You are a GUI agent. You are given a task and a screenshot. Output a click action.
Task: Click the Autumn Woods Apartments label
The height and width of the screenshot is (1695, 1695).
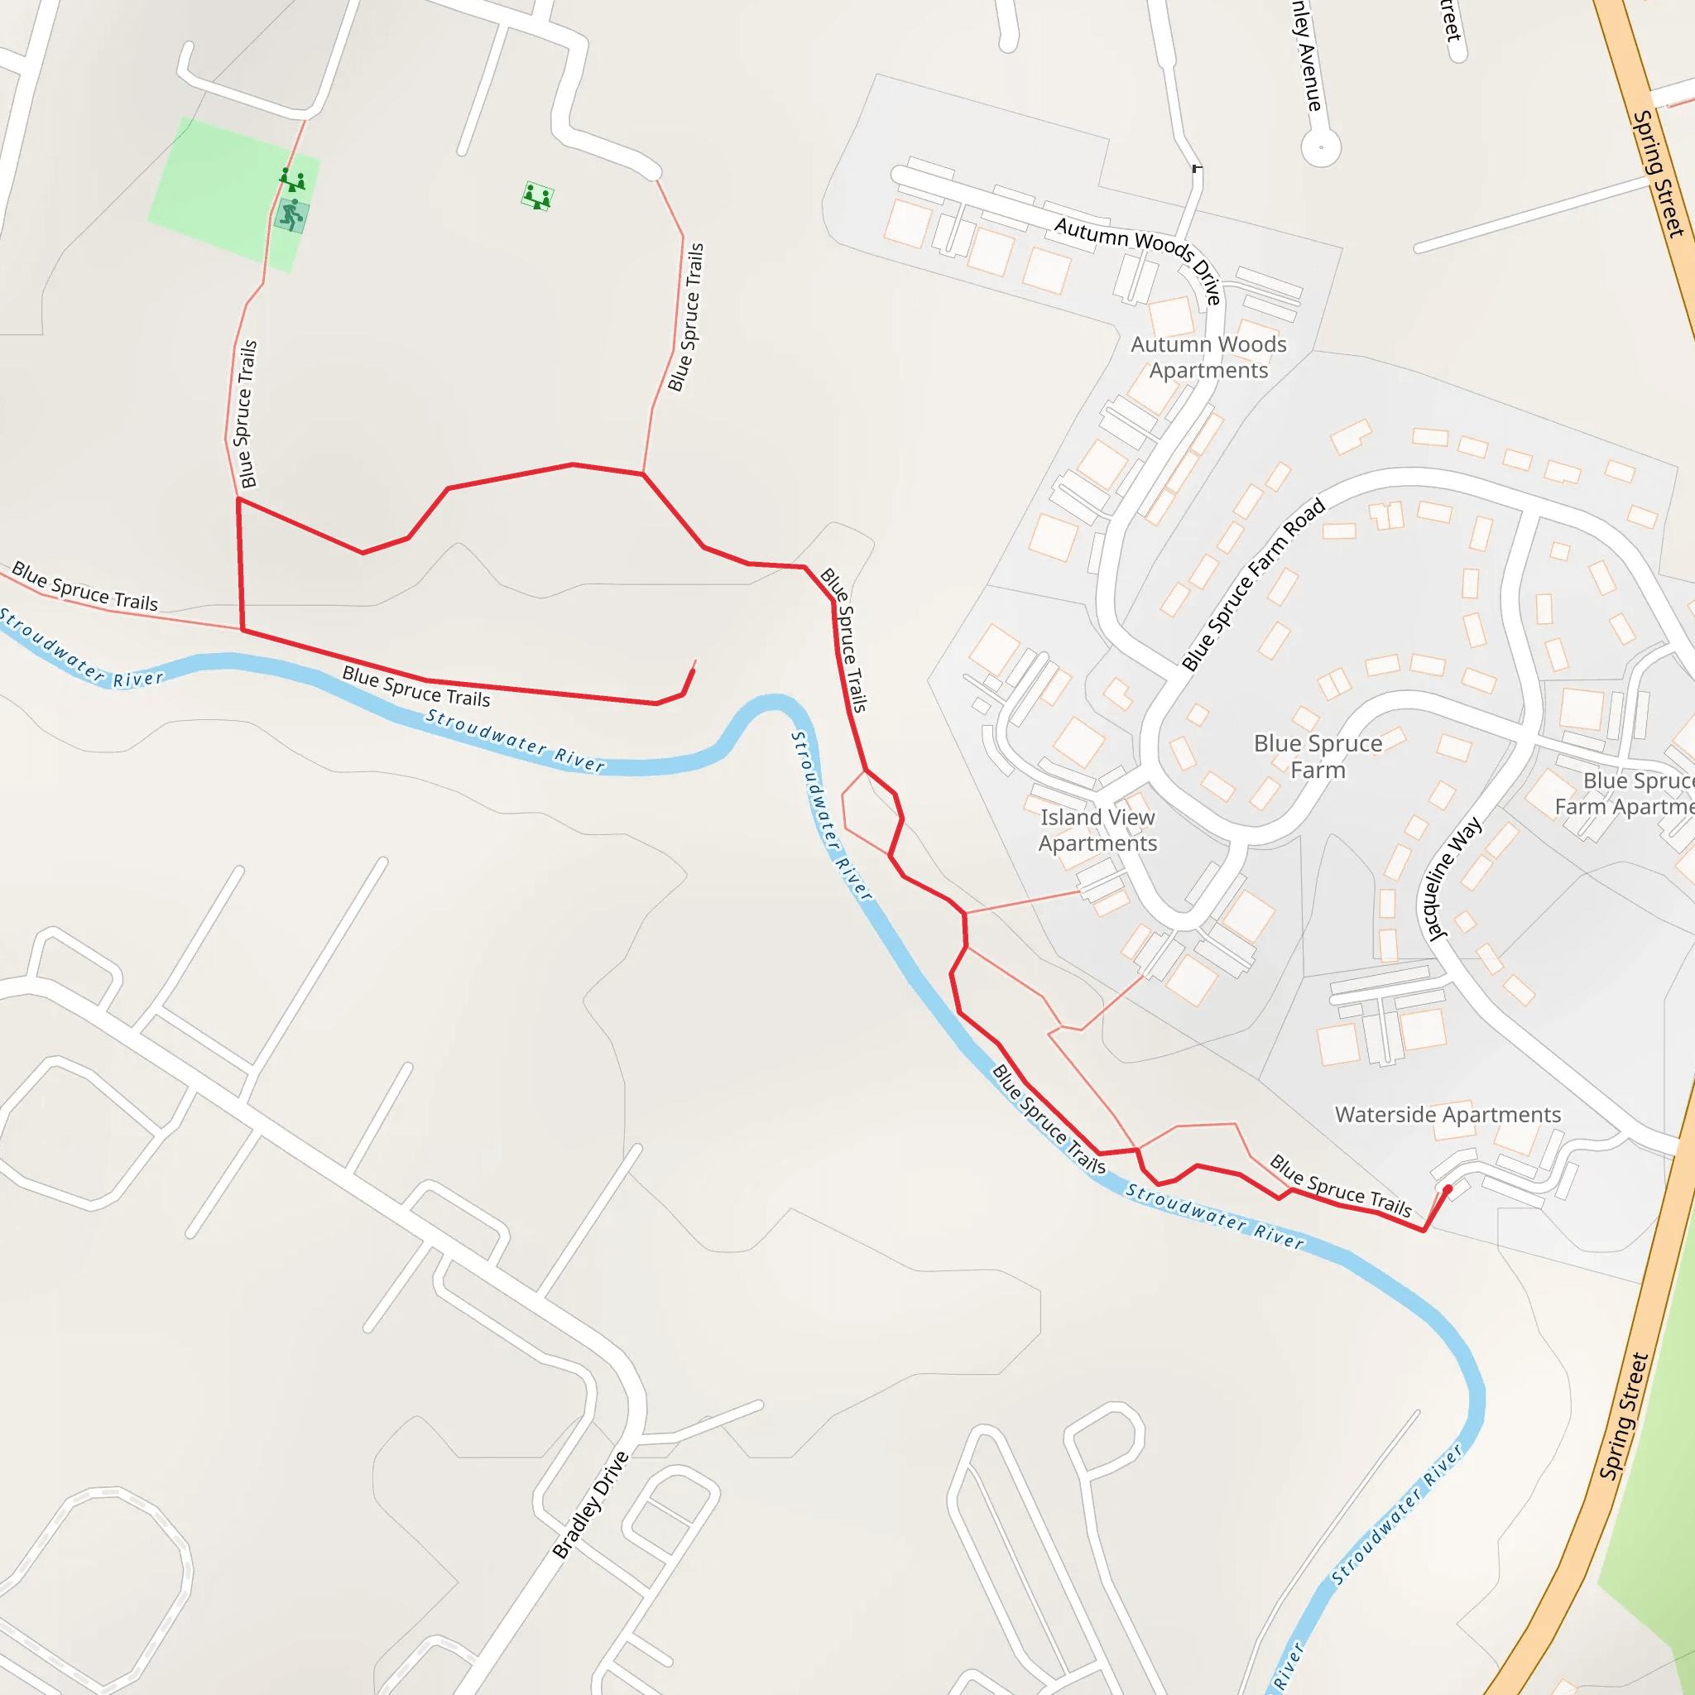tap(1208, 357)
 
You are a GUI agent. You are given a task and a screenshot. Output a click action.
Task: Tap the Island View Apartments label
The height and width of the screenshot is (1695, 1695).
tap(1097, 830)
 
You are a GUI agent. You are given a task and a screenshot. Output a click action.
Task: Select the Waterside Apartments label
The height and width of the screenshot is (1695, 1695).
tap(1448, 1114)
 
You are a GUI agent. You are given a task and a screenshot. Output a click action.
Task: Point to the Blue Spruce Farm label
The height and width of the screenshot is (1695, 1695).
tap(1318, 756)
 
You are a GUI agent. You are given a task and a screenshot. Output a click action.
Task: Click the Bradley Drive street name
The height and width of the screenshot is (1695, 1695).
tap(590, 1505)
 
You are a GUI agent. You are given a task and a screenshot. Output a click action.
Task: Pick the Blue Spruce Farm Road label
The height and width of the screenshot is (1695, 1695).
tap(1253, 585)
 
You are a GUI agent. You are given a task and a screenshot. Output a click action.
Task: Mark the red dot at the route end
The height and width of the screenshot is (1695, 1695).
tap(1448, 1189)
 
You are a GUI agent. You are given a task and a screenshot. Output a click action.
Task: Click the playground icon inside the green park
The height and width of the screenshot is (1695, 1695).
tap(292, 180)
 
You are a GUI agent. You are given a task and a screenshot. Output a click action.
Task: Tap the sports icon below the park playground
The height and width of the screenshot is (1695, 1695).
tap(291, 215)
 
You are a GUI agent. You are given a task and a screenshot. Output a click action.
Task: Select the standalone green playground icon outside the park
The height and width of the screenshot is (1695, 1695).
tap(537, 196)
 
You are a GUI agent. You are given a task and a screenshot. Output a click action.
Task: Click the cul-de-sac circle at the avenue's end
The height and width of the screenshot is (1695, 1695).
tap(1320, 146)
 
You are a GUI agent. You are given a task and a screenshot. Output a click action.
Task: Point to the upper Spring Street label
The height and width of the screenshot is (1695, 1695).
tap(1657, 174)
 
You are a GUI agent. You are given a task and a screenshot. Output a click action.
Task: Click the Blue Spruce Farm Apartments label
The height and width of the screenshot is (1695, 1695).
tap(1627, 793)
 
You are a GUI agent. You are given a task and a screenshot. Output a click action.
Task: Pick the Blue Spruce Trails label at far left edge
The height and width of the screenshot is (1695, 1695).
tap(84, 587)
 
